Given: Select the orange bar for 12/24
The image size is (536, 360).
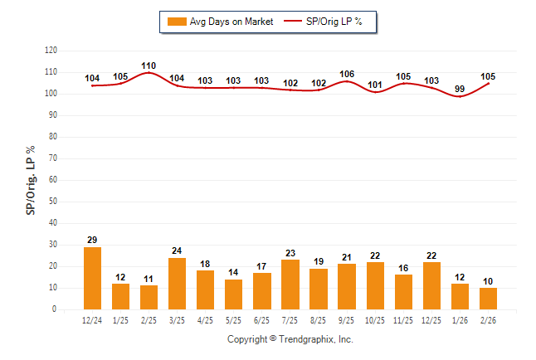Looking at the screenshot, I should pos(93,278).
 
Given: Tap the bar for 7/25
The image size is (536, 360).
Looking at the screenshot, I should pos(290,285).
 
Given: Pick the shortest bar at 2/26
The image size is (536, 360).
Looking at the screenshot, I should pos(488,299).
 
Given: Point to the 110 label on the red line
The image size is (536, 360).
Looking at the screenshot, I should pos(149,66).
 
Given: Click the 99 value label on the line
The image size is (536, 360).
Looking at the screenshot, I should pos(460,90).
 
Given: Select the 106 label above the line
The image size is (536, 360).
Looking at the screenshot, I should pos(347,75).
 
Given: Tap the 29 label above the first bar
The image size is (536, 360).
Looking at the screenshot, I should pos(93,240).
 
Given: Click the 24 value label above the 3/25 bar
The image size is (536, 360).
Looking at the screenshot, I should pos(178,251).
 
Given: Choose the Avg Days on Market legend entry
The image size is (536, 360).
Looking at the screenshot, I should pos(218,22).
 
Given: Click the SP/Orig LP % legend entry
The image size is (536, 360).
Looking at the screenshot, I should pos(324,22).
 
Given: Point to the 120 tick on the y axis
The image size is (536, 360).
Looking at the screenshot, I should pos(51,51).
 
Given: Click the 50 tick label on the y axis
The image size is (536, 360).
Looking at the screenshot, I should pos(53,202).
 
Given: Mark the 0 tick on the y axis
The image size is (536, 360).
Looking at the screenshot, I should pos(55,309).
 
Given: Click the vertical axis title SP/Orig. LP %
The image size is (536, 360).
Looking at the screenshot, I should pos(32,179).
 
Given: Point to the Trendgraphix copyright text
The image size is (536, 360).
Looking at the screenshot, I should pos(290,339).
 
